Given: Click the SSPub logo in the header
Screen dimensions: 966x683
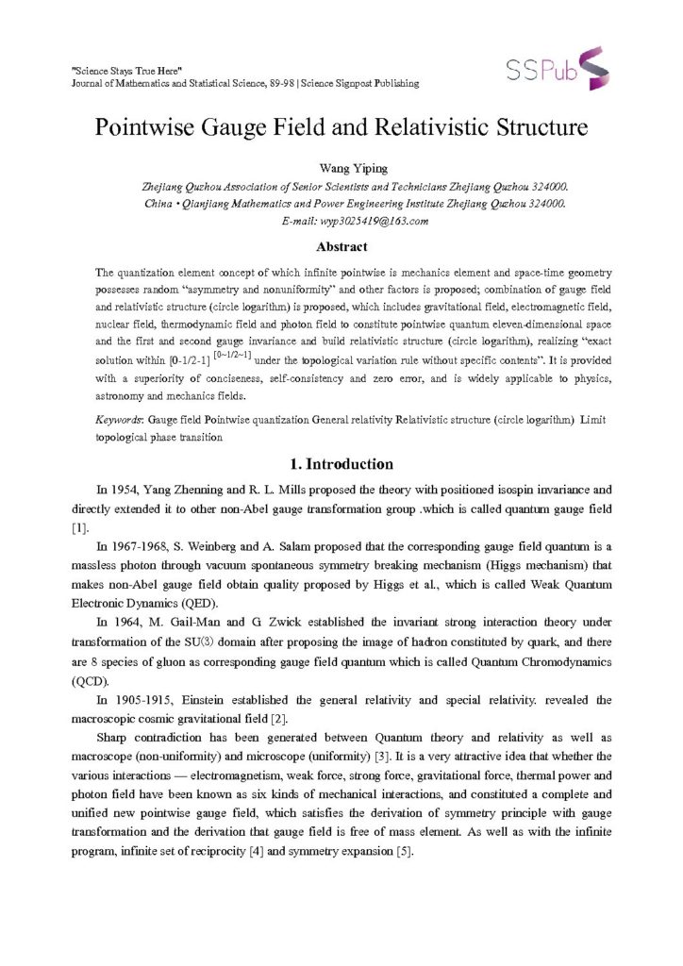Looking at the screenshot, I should (558, 67).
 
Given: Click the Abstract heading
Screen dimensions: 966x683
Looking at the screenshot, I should (341, 247).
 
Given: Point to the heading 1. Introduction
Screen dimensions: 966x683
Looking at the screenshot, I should (341, 464).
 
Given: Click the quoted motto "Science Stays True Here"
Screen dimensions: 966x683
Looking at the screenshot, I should (126, 72).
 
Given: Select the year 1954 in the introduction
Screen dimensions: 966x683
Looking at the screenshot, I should (128, 491).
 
